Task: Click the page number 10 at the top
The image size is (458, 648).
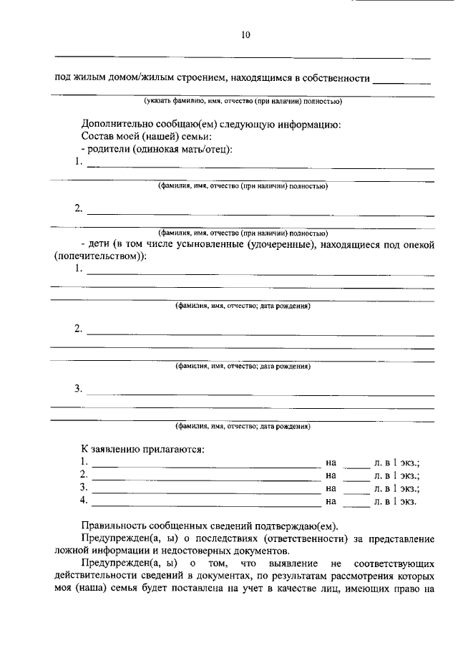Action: (x=245, y=34)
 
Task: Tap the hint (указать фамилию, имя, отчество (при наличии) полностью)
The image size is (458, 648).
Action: (x=243, y=101)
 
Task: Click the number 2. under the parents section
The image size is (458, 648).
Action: (x=78, y=208)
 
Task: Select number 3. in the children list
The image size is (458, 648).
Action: (x=78, y=389)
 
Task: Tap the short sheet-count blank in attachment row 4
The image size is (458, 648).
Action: (x=356, y=502)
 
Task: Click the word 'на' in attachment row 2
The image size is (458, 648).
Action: (x=331, y=475)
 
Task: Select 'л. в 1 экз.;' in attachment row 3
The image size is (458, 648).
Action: (x=396, y=488)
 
